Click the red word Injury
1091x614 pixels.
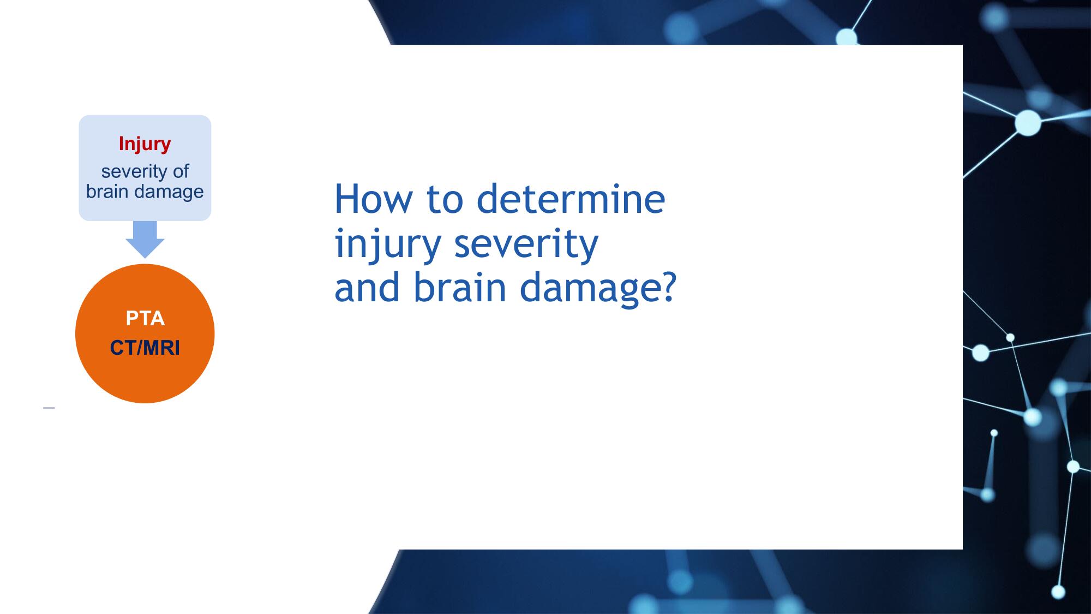tap(145, 144)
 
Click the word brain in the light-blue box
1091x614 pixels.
tap(107, 192)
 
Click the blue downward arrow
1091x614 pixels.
tap(145, 239)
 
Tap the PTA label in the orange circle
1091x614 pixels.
tap(145, 318)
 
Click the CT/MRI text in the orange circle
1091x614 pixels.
tap(145, 348)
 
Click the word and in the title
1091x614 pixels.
tap(368, 287)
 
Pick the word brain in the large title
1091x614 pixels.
tap(460, 287)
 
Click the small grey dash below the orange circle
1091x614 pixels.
tap(49, 408)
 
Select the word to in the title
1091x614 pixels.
tap(445, 200)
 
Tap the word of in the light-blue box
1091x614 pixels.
tap(181, 171)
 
